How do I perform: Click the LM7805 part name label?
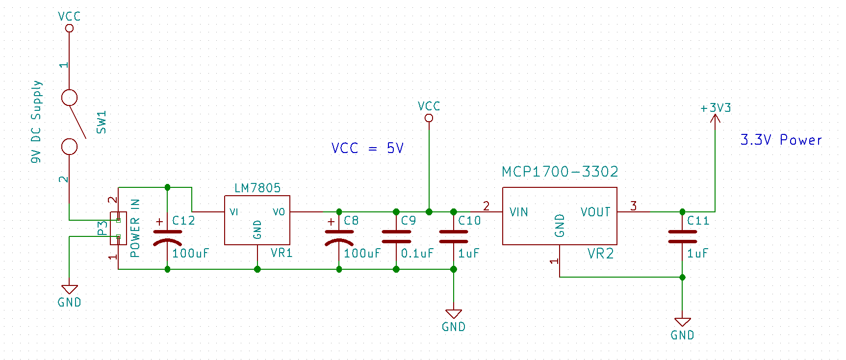coord(257,188)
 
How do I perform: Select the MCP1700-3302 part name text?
coord(560,172)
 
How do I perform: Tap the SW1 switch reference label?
coord(102,122)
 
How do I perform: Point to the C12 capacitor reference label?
coord(183,221)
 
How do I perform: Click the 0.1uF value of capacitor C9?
coord(417,254)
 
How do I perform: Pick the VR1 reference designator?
coord(282,253)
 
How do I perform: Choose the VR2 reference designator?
coord(600,254)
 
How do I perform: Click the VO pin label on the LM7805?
coord(279,212)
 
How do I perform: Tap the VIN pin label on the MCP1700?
coord(518,212)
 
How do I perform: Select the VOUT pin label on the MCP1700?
coord(595,212)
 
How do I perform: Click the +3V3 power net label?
coord(716,108)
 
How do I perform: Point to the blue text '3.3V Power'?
coord(781,140)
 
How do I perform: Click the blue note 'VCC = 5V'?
coord(367,148)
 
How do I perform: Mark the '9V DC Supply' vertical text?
coord(36,122)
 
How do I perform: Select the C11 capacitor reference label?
coord(698,221)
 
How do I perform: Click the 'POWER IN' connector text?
coord(135,228)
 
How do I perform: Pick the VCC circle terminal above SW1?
coord(70,28)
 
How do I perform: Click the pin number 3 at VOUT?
coord(633,206)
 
